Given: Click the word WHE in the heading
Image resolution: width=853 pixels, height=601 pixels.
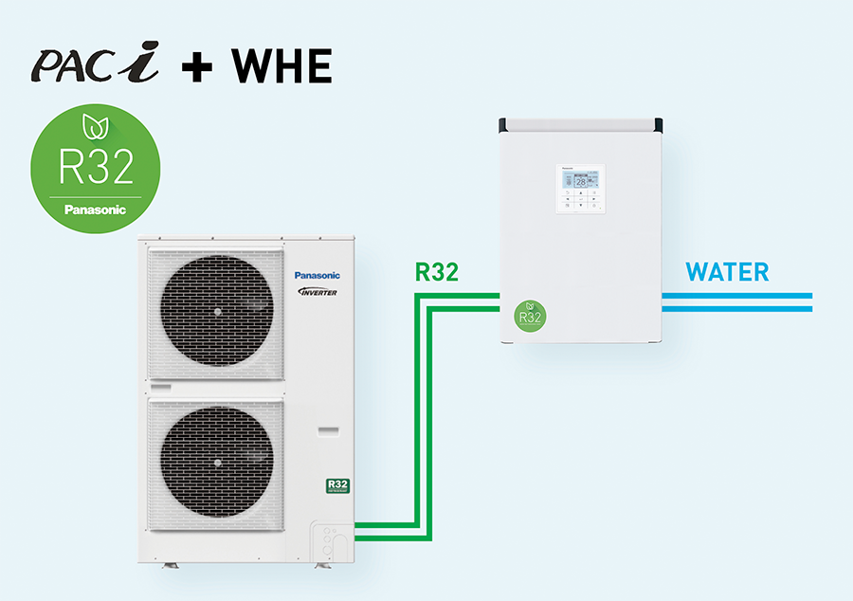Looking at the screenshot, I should [282, 66].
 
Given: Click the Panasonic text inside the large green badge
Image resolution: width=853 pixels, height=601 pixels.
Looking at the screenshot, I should [95, 209].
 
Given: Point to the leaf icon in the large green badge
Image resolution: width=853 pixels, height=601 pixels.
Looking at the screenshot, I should [95, 124].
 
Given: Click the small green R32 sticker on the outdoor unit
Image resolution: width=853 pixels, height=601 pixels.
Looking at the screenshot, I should [337, 486].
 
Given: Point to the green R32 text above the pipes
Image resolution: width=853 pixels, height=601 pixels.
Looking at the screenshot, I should [437, 273].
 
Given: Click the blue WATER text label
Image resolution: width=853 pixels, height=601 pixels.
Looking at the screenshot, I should [727, 273].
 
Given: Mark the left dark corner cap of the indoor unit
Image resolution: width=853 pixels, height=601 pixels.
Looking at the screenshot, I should [506, 125].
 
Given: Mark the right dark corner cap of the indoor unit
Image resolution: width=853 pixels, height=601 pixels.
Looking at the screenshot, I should [655, 125].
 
